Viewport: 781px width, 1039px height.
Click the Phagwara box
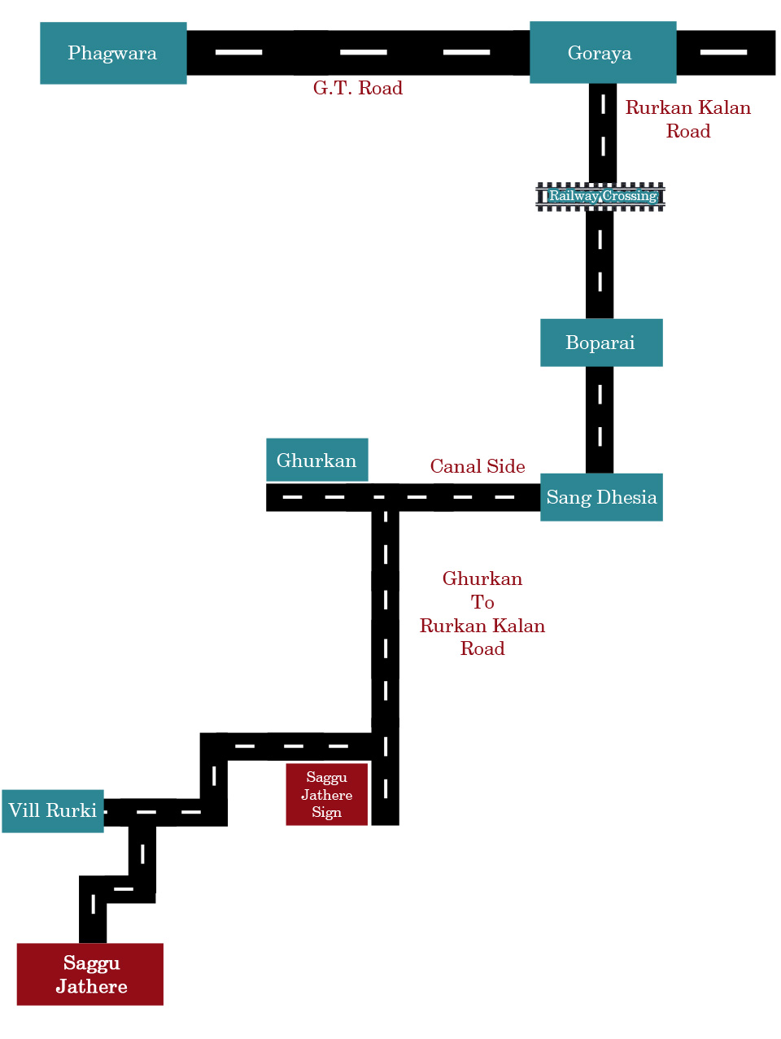[113, 53]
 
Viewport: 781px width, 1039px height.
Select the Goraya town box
[603, 52]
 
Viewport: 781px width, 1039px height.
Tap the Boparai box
[601, 343]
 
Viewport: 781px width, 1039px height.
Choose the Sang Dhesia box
[601, 497]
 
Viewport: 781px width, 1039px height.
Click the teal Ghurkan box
[317, 460]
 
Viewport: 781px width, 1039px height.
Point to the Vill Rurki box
[53, 811]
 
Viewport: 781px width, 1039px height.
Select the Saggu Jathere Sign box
[326, 794]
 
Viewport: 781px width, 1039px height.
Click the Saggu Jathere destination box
[90, 974]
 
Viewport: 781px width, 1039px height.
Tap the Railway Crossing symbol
[600, 196]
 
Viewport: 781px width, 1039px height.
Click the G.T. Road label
[358, 88]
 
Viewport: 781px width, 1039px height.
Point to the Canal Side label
[478, 466]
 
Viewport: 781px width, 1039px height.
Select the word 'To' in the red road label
[482, 602]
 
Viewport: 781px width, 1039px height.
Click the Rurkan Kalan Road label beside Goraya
[688, 120]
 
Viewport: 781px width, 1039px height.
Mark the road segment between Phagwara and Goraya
[358, 53]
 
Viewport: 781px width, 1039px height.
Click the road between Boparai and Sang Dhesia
[600, 420]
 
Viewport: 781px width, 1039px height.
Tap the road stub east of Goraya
[726, 53]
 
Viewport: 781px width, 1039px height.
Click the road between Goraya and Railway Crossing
[603, 133]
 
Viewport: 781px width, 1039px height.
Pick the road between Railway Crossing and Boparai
[600, 265]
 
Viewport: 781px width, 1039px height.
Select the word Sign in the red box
[326, 812]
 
